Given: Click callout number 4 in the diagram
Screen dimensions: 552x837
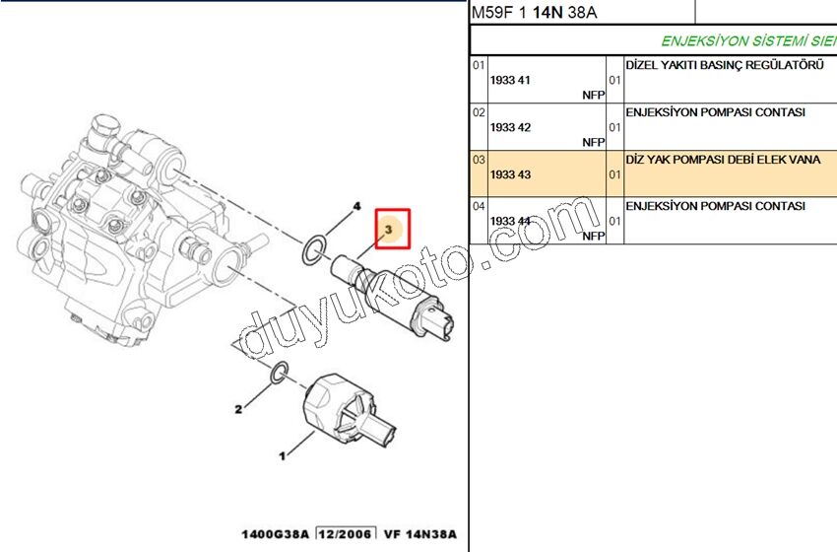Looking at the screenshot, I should [x=357, y=206].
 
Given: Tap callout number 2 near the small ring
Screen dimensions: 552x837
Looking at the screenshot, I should [x=237, y=409].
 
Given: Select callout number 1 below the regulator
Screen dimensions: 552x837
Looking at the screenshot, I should [x=282, y=456].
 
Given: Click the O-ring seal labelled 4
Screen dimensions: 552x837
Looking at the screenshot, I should [x=313, y=249].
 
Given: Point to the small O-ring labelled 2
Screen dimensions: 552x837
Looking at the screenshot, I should [x=279, y=374].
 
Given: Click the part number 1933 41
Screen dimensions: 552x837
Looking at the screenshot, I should [x=510, y=80].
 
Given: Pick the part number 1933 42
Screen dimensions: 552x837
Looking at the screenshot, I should [x=510, y=127].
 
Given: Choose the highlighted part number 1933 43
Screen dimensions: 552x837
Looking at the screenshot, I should [x=510, y=174].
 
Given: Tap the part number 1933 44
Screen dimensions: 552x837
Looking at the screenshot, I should [x=510, y=222].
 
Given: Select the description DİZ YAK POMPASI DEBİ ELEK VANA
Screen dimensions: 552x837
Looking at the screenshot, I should [x=723, y=159].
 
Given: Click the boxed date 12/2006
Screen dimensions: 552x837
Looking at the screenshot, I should [x=346, y=535].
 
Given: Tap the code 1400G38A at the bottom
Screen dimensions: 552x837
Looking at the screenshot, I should [x=276, y=535].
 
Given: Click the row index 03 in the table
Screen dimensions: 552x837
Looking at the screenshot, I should [x=479, y=159].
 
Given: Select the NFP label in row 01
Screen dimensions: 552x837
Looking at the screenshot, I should [x=593, y=95].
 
